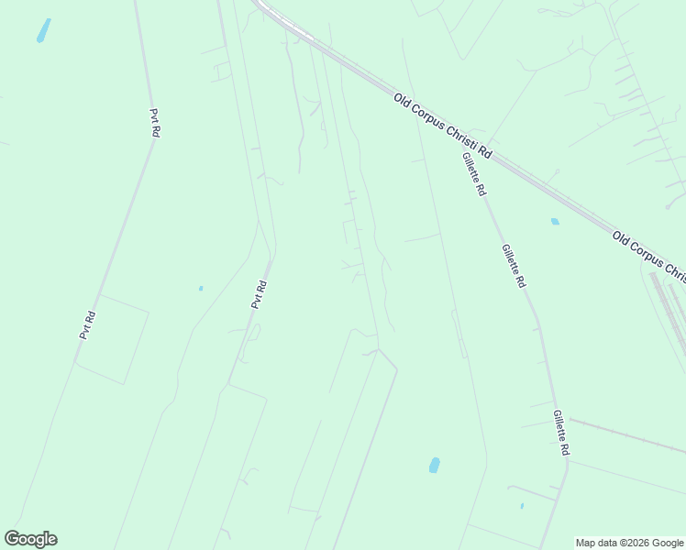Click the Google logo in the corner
(30, 539)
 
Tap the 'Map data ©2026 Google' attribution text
(629, 543)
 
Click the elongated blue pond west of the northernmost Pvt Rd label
(43, 30)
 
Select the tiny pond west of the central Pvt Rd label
(201, 289)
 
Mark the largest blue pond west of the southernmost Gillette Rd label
(434, 465)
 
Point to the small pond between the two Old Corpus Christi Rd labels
(555, 221)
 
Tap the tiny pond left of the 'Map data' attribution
(522, 506)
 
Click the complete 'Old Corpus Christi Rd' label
(443, 126)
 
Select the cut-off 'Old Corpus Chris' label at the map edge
(649, 258)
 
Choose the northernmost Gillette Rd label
(473, 175)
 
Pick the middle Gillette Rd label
(514, 266)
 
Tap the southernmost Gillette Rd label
(562, 433)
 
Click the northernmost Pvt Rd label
(155, 123)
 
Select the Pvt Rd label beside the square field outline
(88, 325)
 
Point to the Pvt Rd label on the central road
(260, 294)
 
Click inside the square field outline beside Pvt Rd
(112, 339)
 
